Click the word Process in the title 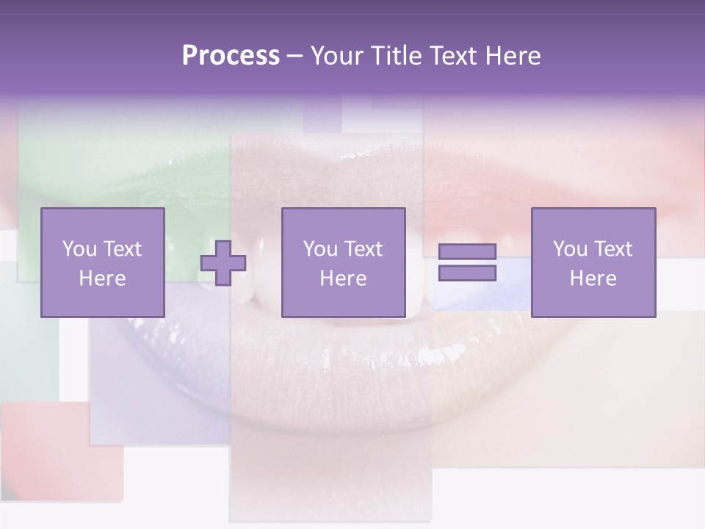pos(231,56)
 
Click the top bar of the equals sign pos(467,252)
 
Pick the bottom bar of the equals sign pos(467,273)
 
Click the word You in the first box pos(78,249)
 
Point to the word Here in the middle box pos(343,278)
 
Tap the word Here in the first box pos(102,278)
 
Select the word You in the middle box pos(319,249)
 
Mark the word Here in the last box pos(593,278)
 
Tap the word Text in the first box pos(122,249)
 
